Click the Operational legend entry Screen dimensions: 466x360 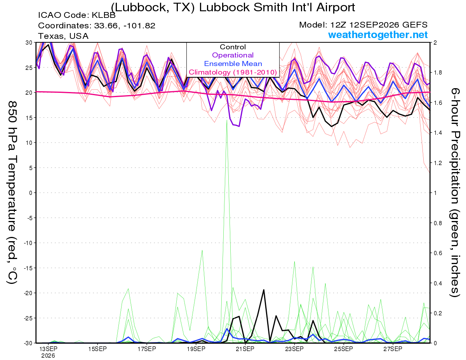pyautogui.click(x=233, y=55)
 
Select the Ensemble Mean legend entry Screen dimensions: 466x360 pyautogui.click(x=233, y=64)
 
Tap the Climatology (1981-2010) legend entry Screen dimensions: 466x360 pyautogui.click(x=233, y=72)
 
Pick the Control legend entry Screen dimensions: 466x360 pyautogui.click(x=233, y=47)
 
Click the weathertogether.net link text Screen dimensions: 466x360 pyautogui.click(x=378, y=35)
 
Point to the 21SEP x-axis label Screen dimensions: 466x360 pyautogui.click(x=245, y=349)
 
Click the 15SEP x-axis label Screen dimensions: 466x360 pyautogui.click(x=97, y=349)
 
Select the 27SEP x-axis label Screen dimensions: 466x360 pyautogui.click(x=393, y=349)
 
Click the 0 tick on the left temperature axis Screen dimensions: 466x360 pyautogui.click(x=31, y=193)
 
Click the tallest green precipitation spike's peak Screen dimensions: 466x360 pyautogui.click(x=227, y=120)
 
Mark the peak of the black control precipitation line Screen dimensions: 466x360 pyautogui.click(x=264, y=290)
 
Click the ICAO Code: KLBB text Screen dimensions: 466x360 pyautogui.click(x=77, y=15)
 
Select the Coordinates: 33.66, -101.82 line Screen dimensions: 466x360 pyautogui.click(x=97, y=26)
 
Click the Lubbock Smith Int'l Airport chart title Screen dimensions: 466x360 pyautogui.click(x=233, y=7)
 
